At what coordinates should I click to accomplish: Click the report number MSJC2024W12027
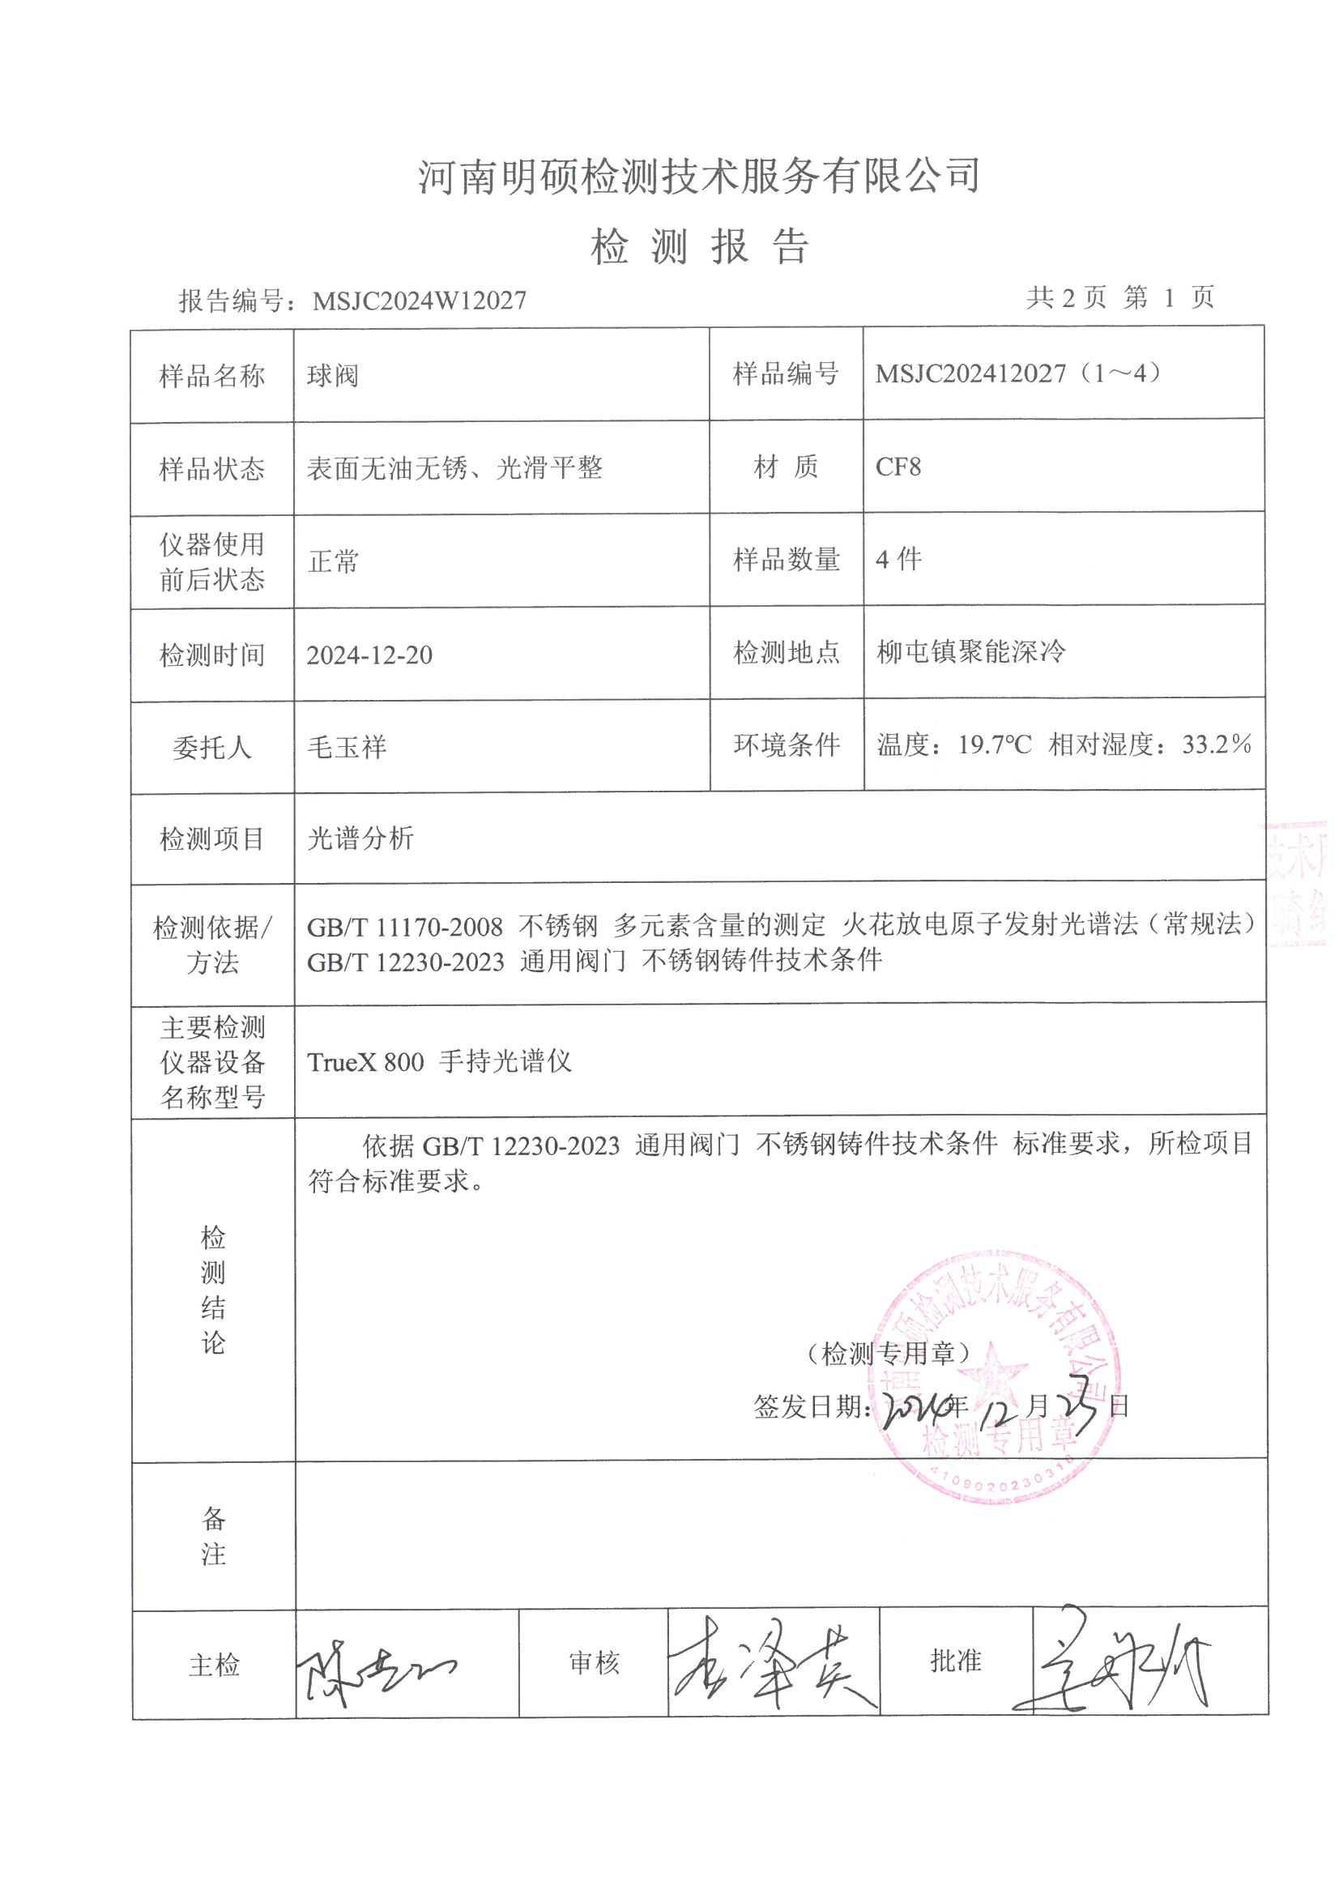coord(419,301)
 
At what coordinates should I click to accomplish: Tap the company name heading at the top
coord(698,176)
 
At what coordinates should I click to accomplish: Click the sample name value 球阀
coord(332,376)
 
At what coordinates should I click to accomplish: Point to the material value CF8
coord(898,467)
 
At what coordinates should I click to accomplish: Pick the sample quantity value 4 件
coord(898,560)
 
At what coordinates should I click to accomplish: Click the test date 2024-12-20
coord(369,655)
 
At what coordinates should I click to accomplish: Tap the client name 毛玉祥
coord(347,748)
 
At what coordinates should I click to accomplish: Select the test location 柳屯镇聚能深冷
coord(970,652)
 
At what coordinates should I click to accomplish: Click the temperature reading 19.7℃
coord(994,746)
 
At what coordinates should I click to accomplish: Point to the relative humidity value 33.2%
coord(1216,745)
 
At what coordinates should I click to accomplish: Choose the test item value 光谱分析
coord(360,839)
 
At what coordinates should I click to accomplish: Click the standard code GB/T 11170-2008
coord(404,928)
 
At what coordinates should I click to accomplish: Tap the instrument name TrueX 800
coord(365,1063)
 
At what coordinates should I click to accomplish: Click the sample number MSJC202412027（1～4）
coord(1020,374)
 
